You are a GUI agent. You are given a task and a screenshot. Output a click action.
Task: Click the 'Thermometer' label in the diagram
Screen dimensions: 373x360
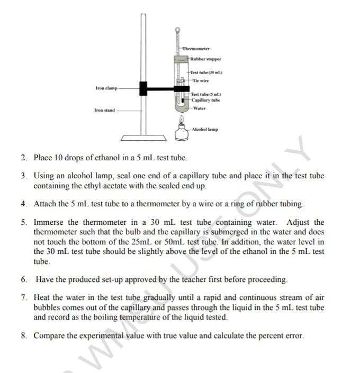coord(196,49)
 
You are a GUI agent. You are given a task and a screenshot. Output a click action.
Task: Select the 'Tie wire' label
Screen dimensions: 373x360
coord(201,80)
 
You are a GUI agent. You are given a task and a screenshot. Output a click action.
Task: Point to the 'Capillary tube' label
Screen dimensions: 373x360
coord(206,100)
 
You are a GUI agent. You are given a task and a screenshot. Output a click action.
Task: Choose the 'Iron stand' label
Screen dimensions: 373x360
coord(104,111)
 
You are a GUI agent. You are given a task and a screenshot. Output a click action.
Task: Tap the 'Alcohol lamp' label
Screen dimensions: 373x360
coord(205,129)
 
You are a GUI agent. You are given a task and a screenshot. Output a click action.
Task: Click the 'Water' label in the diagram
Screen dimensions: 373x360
coord(200,108)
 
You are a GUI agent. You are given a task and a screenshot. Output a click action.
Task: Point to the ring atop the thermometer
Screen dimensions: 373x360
coord(178,31)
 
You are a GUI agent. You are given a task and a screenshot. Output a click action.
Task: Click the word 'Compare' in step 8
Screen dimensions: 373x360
coord(49,335)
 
